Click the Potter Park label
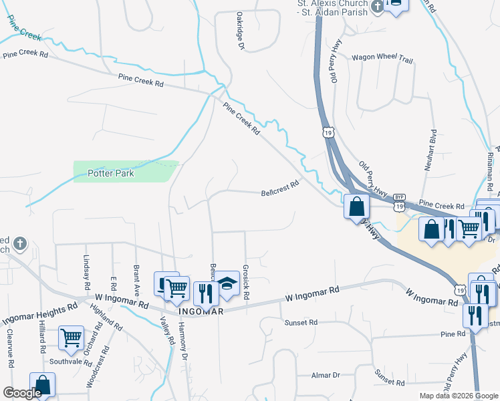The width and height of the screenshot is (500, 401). [111, 174]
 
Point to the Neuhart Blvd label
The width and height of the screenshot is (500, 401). [433, 150]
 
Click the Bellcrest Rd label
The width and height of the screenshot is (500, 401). [279, 193]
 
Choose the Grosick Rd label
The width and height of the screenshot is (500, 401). [246, 282]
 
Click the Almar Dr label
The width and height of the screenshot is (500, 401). [328, 376]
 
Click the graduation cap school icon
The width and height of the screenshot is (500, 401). [227, 283]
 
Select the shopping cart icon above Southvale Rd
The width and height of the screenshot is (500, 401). [72, 338]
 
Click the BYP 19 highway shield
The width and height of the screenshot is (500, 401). [399, 201]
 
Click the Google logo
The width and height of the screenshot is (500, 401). [22, 394]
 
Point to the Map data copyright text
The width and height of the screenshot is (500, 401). [459, 396]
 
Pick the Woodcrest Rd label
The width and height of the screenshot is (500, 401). [96, 368]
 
